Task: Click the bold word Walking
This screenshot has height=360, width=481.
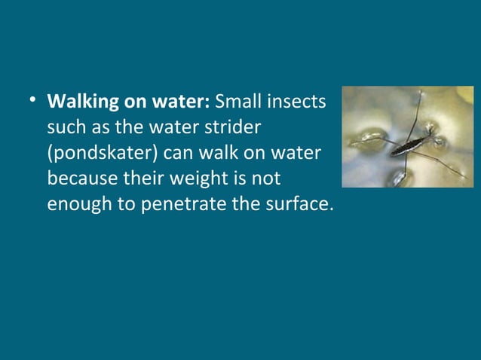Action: [x=80, y=101]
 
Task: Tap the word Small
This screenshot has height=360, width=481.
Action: [x=237, y=100]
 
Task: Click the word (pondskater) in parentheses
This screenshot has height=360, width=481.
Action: [x=102, y=153]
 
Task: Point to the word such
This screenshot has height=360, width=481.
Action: [x=66, y=126]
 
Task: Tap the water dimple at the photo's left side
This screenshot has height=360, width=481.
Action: [x=360, y=139]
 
